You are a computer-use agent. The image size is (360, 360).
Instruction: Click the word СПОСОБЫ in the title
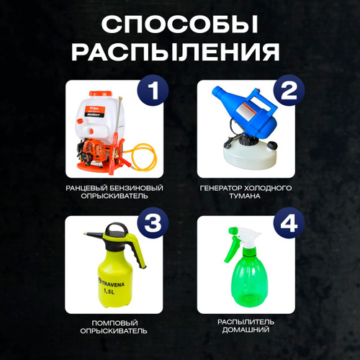pyautogui.click(x=179, y=24)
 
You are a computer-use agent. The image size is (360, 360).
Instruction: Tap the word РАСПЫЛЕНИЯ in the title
pyautogui.click(x=176, y=52)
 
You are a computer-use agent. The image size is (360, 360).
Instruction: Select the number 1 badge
pyautogui.click(x=153, y=90)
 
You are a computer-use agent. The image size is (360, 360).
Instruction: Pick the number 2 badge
pyautogui.click(x=289, y=90)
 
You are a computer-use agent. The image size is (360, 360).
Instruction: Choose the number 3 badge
pyautogui.click(x=153, y=222)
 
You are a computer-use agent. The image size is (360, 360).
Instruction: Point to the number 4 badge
pyautogui.click(x=289, y=222)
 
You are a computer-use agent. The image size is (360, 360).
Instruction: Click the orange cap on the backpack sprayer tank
pyautogui.click(x=101, y=94)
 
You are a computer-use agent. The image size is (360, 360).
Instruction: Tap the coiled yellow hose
pyautogui.click(x=143, y=157)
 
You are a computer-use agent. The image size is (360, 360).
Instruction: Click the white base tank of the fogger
pyautogui.click(x=250, y=155)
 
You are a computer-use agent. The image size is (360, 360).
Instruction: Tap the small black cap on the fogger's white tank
pyautogui.click(x=272, y=145)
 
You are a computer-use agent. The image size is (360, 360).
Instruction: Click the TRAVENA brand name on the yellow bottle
pyautogui.click(x=113, y=284)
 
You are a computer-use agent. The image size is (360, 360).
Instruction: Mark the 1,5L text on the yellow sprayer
pyautogui.click(x=109, y=292)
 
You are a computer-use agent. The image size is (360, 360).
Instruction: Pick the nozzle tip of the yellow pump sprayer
pyautogui.click(x=85, y=233)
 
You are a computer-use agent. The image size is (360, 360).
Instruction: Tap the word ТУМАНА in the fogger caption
pyautogui.click(x=245, y=196)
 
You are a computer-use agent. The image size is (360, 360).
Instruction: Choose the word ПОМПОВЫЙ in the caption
pyautogui.click(x=114, y=323)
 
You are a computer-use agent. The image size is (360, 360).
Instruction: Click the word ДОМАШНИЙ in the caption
pyautogui.click(x=246, y=330)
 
